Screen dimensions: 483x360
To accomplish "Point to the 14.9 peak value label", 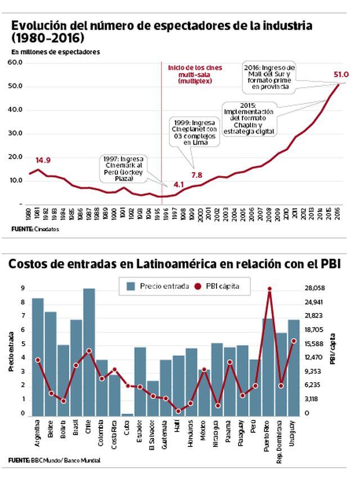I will coord(43,160).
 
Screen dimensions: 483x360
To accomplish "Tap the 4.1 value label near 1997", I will coord(179,184).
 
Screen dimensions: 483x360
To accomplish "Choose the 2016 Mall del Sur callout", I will coord(269,77).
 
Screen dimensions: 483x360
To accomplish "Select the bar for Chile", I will coord(89,352).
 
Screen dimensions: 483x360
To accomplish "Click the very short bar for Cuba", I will coord(128,415).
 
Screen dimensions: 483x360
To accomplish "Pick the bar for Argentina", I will coord(38,357).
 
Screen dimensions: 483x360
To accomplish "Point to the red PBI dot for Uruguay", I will coord(294,341).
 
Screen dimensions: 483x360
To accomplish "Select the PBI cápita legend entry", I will coord(217,286).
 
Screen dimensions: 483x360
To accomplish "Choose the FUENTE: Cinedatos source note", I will coord(35,229).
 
